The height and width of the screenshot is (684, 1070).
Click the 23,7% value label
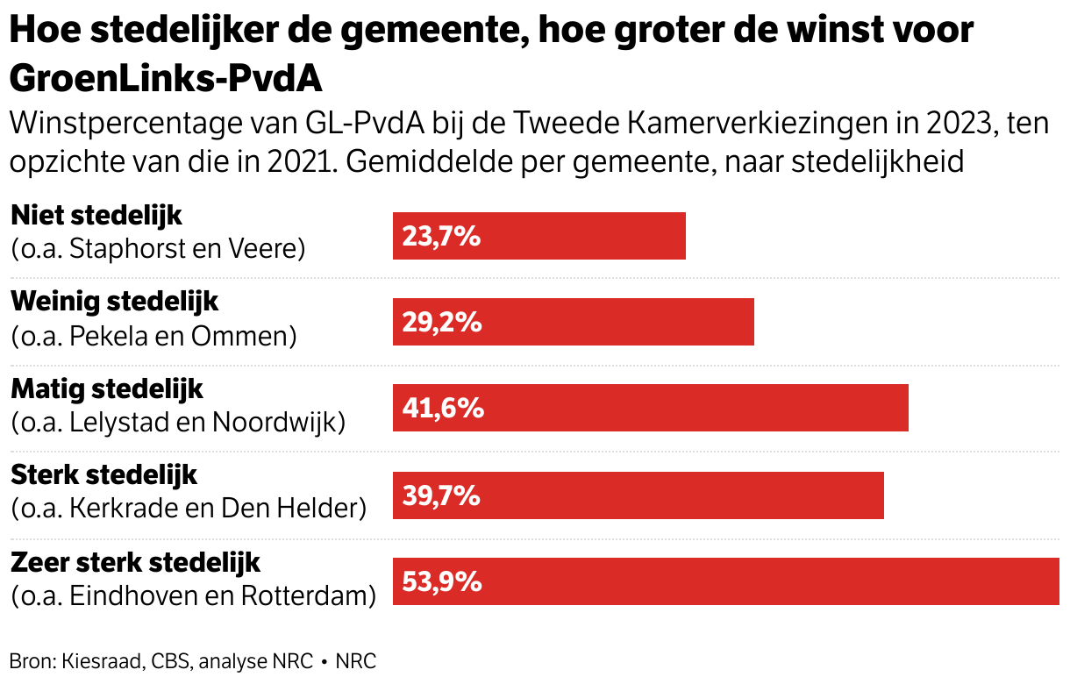[441, 236]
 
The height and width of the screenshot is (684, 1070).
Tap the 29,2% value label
[442, 322]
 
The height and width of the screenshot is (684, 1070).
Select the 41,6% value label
[442, 409]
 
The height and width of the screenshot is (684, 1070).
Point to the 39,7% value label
[441, 495]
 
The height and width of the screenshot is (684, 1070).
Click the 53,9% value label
[442, 581]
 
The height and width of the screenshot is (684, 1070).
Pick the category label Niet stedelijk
[96, 214]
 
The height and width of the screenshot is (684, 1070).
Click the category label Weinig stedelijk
[114, 301]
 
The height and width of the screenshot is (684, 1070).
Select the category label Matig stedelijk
[106, 388]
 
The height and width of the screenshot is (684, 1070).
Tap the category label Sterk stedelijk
[103, 474]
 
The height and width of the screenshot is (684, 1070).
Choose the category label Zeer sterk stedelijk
[136, 561]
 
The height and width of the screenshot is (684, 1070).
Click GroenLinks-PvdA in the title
[166, 79]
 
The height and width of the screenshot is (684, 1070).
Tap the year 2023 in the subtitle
[954, 125]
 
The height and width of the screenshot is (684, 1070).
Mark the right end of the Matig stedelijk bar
[907, 409]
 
